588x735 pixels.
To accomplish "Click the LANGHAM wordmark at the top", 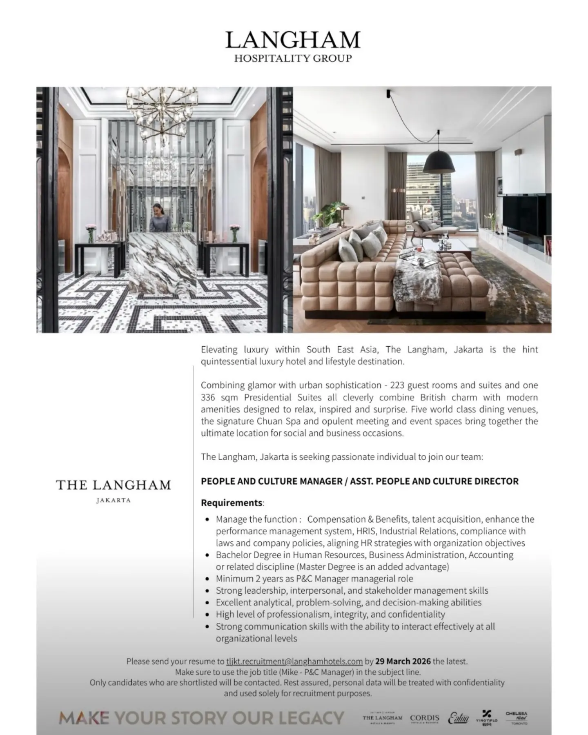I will pyautogui.click(x=293, y=40).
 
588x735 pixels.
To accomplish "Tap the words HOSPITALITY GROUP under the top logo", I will pyautogui.click(x=293, y=58).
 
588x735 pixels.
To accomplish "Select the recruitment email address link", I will pyautogui.click(x=294, y=661).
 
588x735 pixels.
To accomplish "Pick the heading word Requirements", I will pyautogui.click(x=232, y=503).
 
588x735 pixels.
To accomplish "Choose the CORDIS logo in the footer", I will pyautogui.click(x=425, y=718).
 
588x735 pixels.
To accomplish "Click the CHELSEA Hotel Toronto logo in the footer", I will pyautogui.click(x=517, y=718).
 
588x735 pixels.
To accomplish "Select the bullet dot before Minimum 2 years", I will pyautogui.click(x=207, y=579).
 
